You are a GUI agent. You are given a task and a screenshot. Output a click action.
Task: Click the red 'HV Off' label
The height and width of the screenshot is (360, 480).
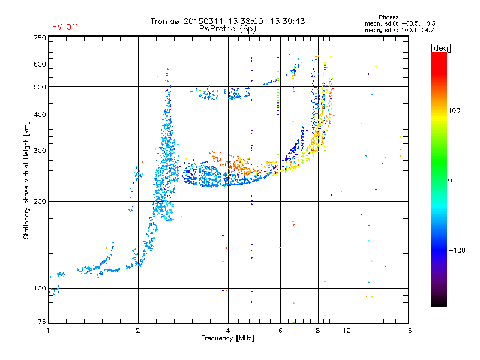pyautogui.click(x=65, y=27)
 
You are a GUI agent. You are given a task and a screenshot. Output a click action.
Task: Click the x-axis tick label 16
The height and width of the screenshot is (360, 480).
pyautogui.click(x=408, y=331)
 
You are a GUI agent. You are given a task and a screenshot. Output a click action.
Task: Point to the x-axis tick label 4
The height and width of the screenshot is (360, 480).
pyautogui.click(x=228, y=331)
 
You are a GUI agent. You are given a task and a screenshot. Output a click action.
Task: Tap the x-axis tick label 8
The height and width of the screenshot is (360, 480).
pyautogui.click(x=318, y=331)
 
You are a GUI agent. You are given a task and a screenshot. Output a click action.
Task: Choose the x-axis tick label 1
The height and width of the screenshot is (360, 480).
pyautogui.click(x=49, y=331)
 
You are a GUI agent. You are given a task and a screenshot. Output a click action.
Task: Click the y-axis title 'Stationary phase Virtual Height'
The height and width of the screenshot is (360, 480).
pyautogui.click(x=26, y=180)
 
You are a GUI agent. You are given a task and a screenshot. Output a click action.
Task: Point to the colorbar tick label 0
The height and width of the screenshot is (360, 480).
pyautogui.click(x=452, y=180)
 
